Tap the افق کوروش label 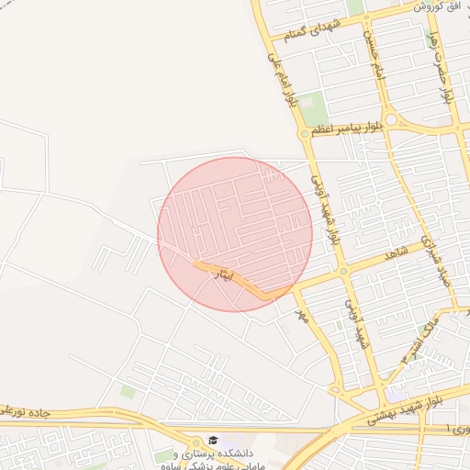(x=436, y=6)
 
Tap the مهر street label (x=297, y=315)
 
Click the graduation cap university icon (x=213, y=441)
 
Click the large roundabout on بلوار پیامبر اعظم (x=393, y=119)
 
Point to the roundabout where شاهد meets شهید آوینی (x=343, y=271)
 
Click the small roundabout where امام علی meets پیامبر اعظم (x=304, y=133)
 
